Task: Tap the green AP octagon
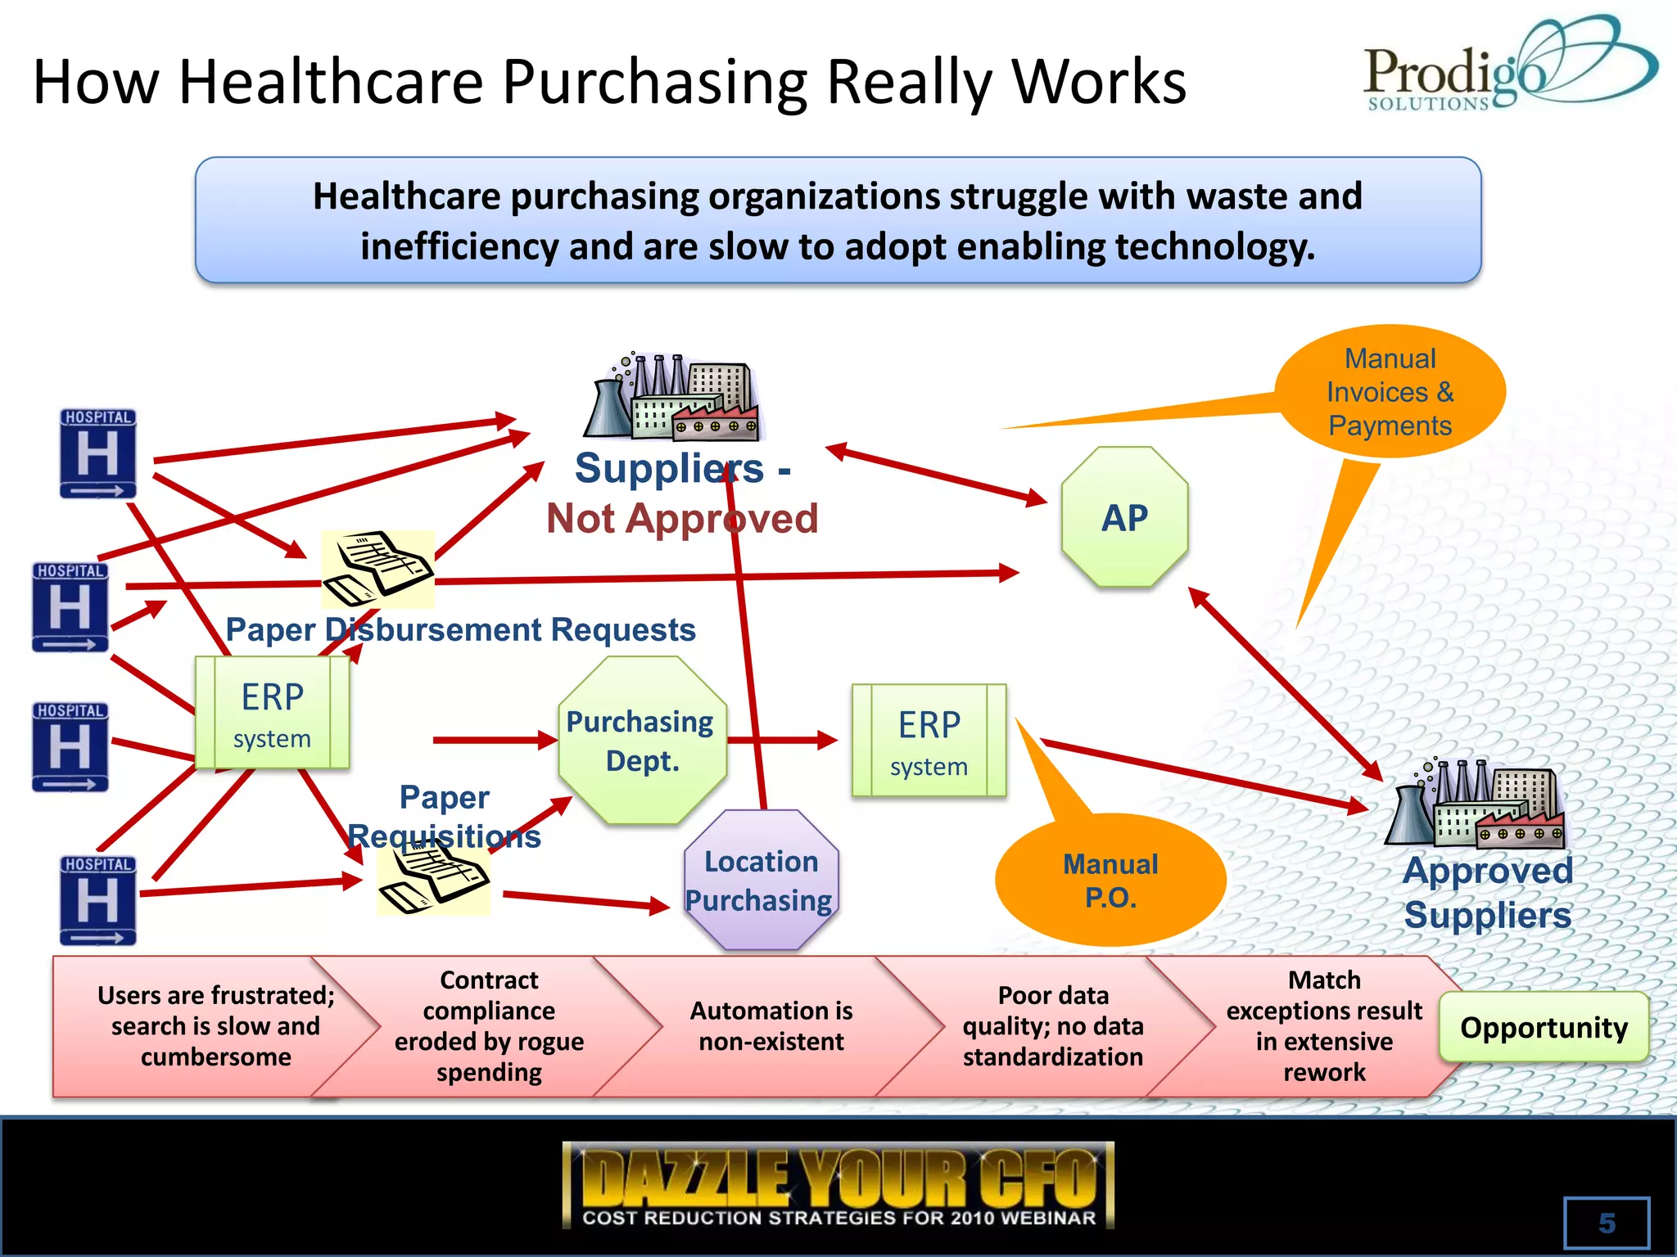click(1124, 517)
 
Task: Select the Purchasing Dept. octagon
click(642, 741)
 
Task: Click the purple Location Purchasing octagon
click(761, 881)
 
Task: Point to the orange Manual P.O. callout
click(1110, 881)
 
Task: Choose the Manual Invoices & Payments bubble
click(1390, 392)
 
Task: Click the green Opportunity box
click(1544, 1027)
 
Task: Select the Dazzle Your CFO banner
click(838, 1185)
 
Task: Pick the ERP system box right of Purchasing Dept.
click(929, 741)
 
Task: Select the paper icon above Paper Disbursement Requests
click(377, 568)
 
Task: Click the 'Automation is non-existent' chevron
click(771, 1026)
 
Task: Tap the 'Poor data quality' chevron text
click(1053, 1026)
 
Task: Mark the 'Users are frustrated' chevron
click(215, 1026)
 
